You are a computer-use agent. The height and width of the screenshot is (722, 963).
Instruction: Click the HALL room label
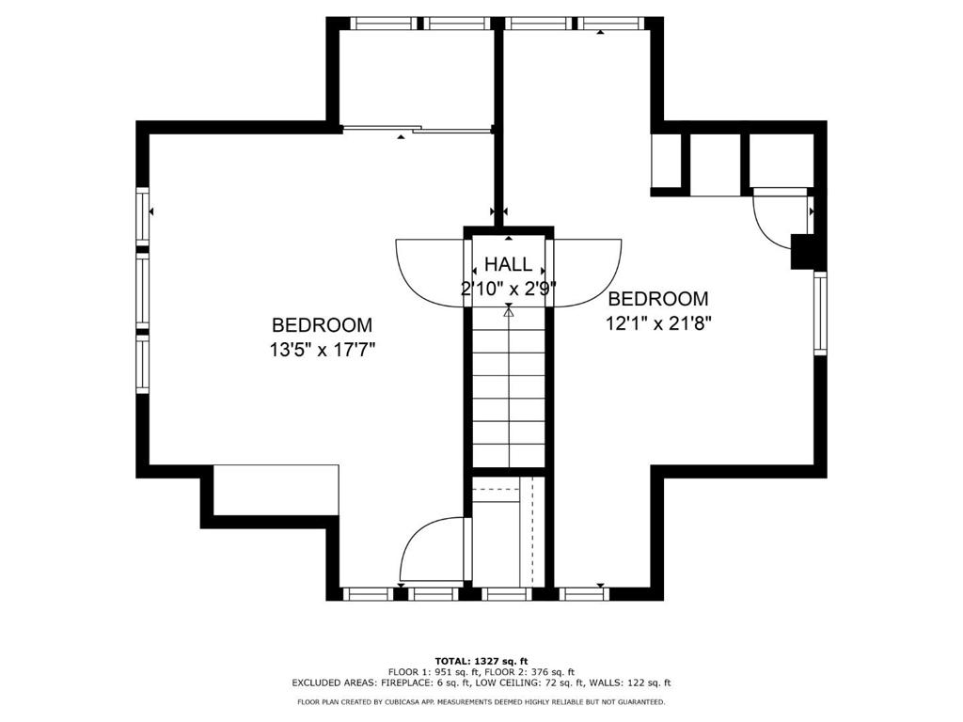coord(508,264)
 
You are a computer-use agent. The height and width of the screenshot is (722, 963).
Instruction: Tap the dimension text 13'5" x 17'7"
coord(323,349)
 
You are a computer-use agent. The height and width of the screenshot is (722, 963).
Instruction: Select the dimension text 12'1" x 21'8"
coord(658,323)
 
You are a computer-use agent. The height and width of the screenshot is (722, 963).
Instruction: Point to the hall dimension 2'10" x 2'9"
coord(507,289)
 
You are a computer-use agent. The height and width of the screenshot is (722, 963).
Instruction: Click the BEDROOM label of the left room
coord(322,325)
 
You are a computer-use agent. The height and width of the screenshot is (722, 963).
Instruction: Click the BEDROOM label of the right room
coord(657,299)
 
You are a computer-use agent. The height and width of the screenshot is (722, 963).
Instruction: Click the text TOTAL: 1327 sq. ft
coord(481,660)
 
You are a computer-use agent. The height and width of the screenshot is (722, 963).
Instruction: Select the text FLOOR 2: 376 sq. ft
coord(542,671)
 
